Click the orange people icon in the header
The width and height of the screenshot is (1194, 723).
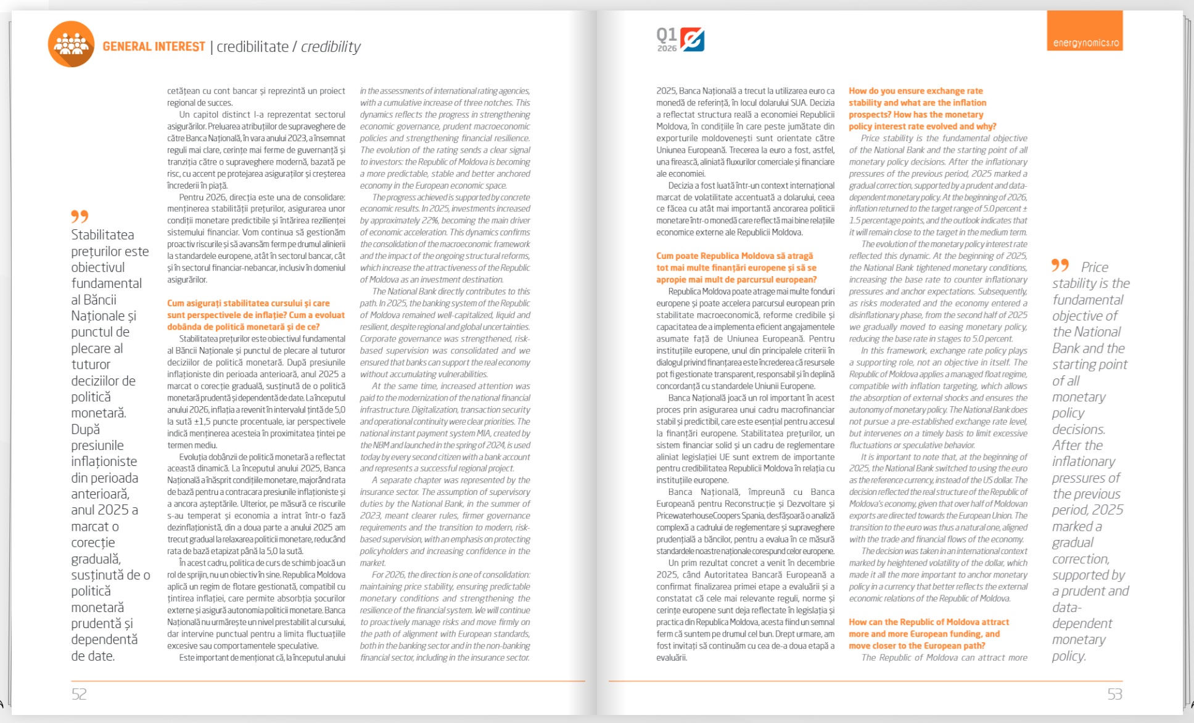pyautogui.click(x=71, y=44)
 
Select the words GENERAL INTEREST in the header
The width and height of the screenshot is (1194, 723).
pyautogui.click(x=154, y=47)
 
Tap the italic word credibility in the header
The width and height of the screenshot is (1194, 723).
pyautogui.click(x=331, y=47)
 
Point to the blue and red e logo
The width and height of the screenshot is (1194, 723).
pyautogui.click(x=693, y=39)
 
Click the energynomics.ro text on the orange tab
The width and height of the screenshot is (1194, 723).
pyautogui.click(x=1085, y=43)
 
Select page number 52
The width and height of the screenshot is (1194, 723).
pyautogui.click(x=79, y=694)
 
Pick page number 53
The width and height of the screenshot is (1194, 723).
pyautogui.click(x=1114, y=694)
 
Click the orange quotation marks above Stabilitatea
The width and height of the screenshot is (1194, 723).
pyautogui.click(x=80, y=216)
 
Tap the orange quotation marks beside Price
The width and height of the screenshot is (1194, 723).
pyautogui.click(x=1060, y=265)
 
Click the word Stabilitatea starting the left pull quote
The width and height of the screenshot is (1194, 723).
pyautogui.click(x=102, y=235)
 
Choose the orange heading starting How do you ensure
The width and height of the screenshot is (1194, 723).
pyautogui.click(x=922, y=108)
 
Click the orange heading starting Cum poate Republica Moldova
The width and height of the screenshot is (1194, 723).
pyautogui.click(x=736, y=268)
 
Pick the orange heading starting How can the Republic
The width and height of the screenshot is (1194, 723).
pyautogui.click(x=928, y=634)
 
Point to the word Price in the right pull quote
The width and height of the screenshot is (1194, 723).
pyautogui.click(x=1095, y=267)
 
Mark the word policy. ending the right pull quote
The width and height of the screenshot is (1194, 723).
pyautogui.click(x=1069, y=656)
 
